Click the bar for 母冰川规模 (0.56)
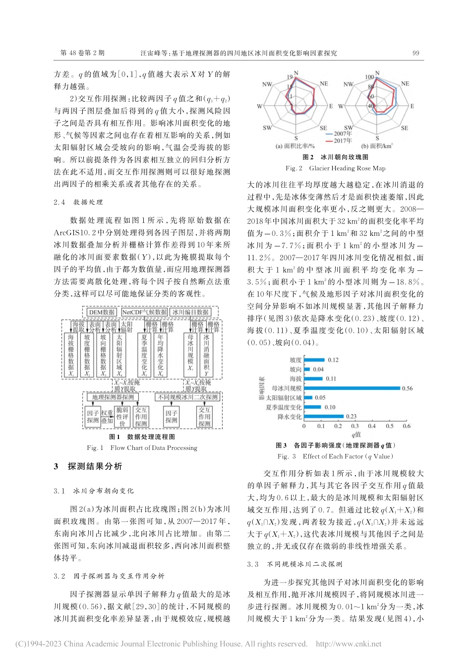click(x=352, y=388)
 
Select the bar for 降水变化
click(x=324, y=417)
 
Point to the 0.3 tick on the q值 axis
click(x=355, y=426)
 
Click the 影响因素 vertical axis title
click(x=261, y=388)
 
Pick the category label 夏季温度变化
click(x=284, y=407)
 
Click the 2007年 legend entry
click(x=343, y=134)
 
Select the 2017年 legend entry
click(x=343, y=141)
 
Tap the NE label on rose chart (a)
click(x=324, y=84)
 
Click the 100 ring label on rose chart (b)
click(x=369, y=77)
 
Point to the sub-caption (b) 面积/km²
click(x=377, y=146)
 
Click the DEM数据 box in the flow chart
click(x=102, y=312)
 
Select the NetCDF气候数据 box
click(x=144, y=312)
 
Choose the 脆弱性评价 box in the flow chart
click(x=122, y=417)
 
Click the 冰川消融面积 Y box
click(x=206, y=355)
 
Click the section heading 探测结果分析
click(x=95, y=466)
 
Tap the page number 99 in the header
click(x=416, y=53)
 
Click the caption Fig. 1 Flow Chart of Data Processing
click(x=142, y=447)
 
